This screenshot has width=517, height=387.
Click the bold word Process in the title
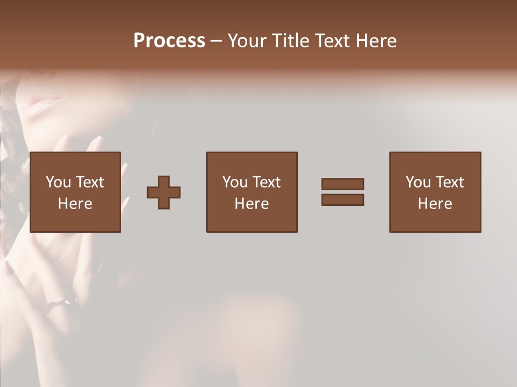tap(169, 40)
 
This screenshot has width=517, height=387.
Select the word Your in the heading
tap(247, 41)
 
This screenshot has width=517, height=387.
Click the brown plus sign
tap(164, 192)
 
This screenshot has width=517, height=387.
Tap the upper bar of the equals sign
tap(343, 184)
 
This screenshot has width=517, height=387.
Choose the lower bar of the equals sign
tap(343, 200)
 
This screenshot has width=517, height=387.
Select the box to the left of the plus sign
tap(75, 192)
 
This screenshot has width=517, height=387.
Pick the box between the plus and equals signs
tap(251, 192)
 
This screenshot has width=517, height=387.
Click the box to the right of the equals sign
tap(435, 192)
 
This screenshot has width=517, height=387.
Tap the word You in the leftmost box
tap(58, 182)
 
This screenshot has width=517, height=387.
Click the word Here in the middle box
tap(251, 204)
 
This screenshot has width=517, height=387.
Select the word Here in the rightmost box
tap(435, 204)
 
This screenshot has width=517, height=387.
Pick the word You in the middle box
tap(234, 182)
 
